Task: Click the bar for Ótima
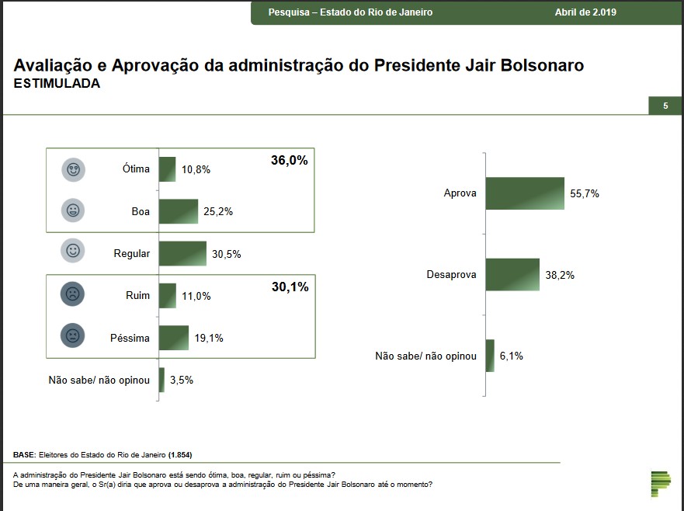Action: [x=167, y=169]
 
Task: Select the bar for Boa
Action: [x=179, y=211]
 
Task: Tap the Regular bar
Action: [x=182, y=253]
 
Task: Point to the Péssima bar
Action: [x=174, y=338]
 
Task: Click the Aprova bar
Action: [x=525, y=193]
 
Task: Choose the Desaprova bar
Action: [x=512, y=275]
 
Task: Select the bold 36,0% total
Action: [x=290, y=161]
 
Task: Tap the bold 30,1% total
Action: [x=290, y=287]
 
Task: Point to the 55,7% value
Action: [x=585, y=194]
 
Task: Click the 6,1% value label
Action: [x=512, y=356]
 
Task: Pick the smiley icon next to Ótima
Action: [x=74, y=169]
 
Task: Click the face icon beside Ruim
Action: [x=72, y=295]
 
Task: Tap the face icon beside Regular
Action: [x=73, y=251]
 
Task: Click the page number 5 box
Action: [x=665, y=106]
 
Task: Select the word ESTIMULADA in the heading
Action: [x=57, y=84]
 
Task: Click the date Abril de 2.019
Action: [x=586, y=12]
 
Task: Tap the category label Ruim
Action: [x=137, y=296]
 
